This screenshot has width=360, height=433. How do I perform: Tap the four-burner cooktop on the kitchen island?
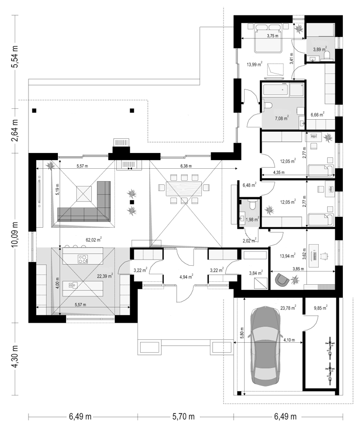point(83,259)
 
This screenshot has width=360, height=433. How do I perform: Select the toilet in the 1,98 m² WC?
point(252,205)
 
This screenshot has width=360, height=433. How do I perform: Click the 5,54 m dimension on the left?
point(16,57)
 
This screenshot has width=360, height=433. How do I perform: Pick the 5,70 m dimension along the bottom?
point(183,416)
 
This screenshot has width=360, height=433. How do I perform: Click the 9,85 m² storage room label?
point(321,308)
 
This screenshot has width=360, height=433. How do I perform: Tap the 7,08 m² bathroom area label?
point(282,118)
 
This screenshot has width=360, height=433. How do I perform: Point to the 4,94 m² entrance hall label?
point(186,276)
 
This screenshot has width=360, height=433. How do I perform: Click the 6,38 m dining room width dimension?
point(186,166)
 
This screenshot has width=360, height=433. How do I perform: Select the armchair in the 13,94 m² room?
point(282,279)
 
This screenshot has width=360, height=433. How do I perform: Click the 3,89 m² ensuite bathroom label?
point(320,49)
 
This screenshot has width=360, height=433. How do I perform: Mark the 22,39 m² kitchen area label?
point(105,276)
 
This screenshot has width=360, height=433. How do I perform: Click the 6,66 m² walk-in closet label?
point(317,115)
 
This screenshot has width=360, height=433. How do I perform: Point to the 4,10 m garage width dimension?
point(289,340)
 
